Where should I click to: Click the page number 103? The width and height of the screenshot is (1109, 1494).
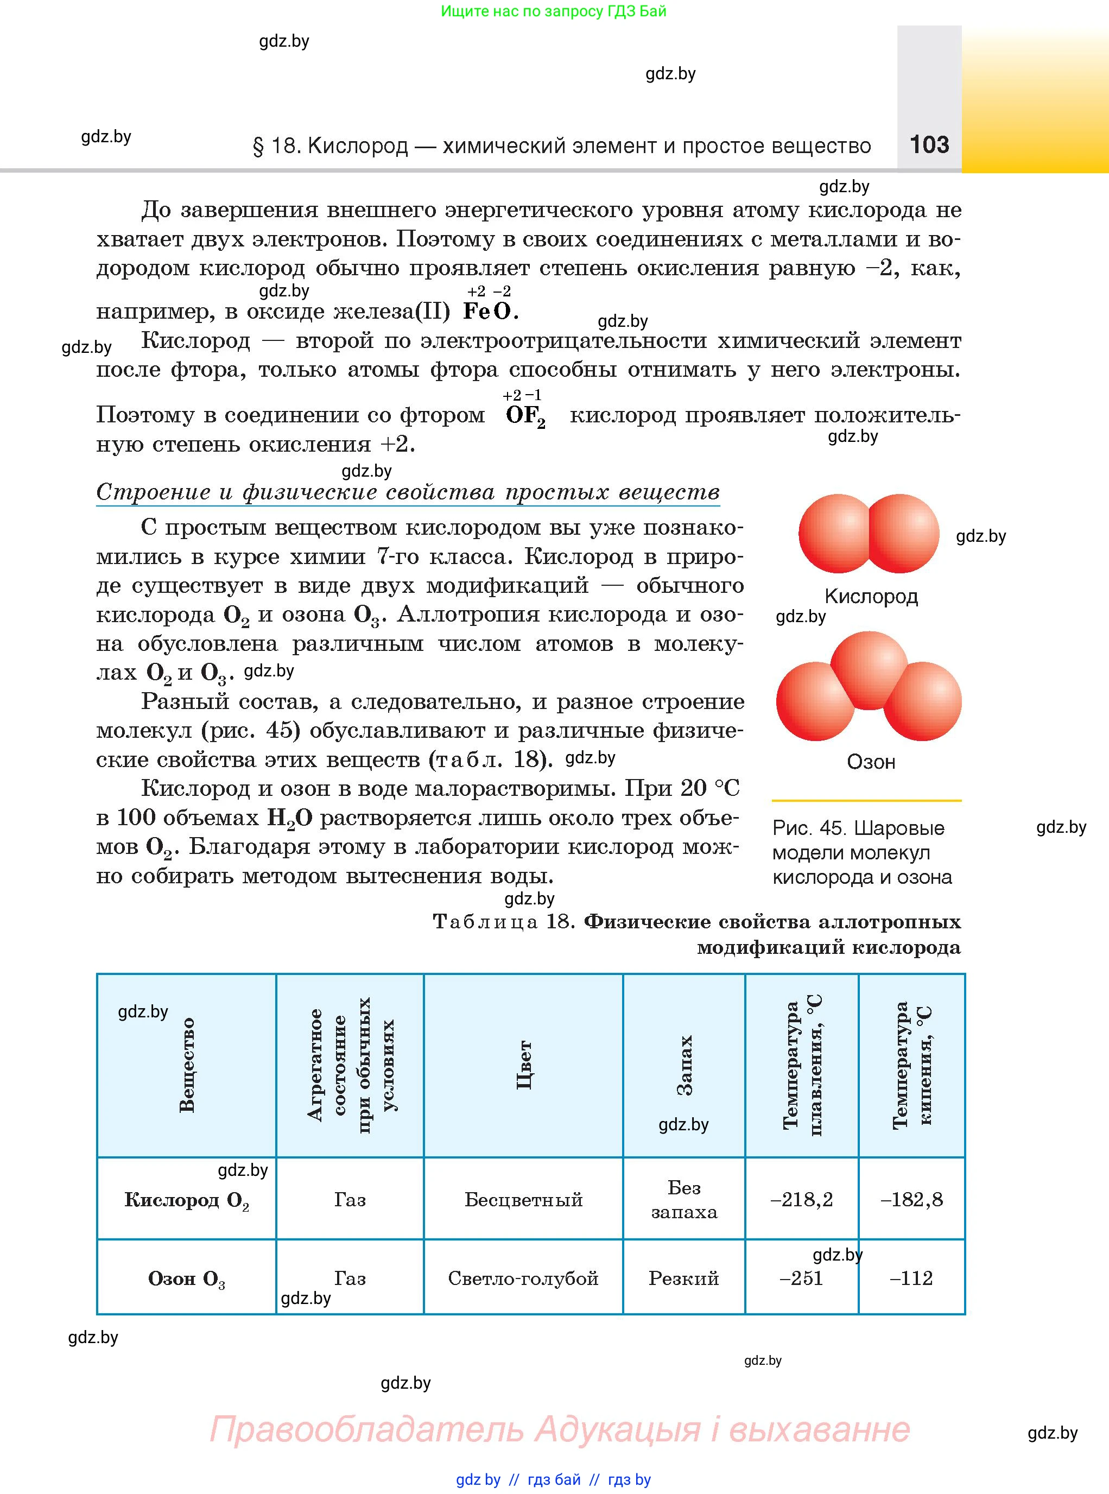pyautogui.click(x=929, y=144)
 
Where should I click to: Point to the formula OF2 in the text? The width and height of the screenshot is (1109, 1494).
pyautogui.click(x=525, y=416)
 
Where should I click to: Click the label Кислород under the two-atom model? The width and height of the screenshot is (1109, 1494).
pyautogui.click(x=871, y=596)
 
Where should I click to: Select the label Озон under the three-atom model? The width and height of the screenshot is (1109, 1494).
pyautogui.click(x=871, y=762)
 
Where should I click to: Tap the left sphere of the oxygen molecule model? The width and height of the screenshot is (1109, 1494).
pyautogui.click(x=836, y=534)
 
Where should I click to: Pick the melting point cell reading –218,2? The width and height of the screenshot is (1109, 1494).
pyautogui.click(x=802, y=1200)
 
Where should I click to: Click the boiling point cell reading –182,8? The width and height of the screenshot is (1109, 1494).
pyautogui.click(x=911, y=1200)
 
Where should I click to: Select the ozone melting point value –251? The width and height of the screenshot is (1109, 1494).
pyautogui.click(x=802, y=1278)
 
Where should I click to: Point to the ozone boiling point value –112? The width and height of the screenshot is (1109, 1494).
pyautogui.click(x=911, y=1278)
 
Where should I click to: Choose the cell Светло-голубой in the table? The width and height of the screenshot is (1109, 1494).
pyautogui.click(x=523, y=1278)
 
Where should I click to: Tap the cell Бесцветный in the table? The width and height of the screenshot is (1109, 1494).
pyautogui.click(x=523, y=1200)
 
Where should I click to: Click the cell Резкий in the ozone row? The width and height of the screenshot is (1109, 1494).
pyautogui.click(x=683, y=1278)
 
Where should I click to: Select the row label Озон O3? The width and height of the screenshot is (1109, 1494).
pyautogui.click(x=186, y=1278)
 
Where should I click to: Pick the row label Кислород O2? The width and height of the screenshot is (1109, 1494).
pyautogui.click(x=186, y=1200)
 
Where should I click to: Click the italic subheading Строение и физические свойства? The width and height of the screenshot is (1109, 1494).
pyautogui.click(x=408, y=492)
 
